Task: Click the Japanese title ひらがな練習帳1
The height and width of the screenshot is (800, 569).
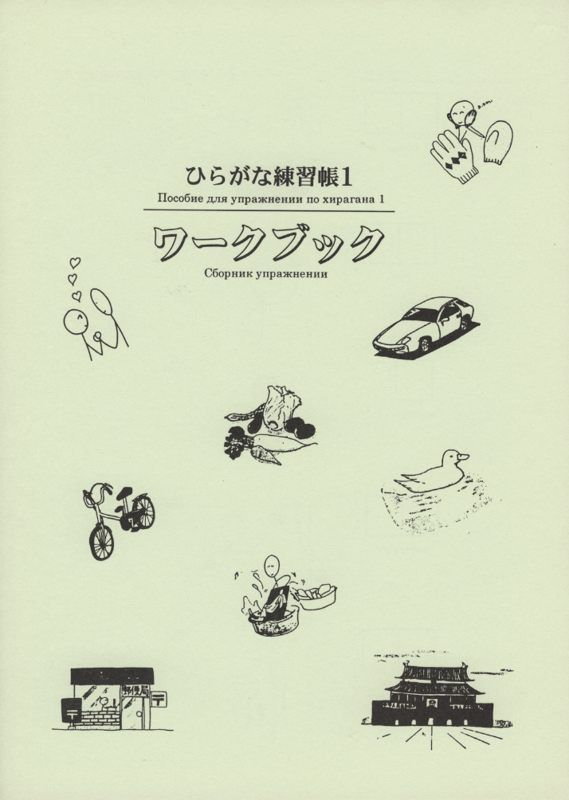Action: click(x=269, y=177)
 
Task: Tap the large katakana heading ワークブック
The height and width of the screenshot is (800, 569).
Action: click(x=269, y=243)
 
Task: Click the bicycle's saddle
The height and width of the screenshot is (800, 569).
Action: click(x=124, y=493)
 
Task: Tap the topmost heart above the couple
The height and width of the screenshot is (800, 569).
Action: click(x=75, y=263)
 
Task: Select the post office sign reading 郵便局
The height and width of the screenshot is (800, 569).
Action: click(x=135, y=691)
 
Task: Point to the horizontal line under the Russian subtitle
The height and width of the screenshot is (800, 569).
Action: click(x=269, y=210)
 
